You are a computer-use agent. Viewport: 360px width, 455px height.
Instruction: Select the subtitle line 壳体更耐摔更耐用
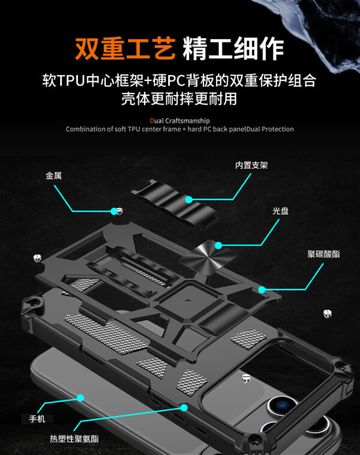click(179, 98)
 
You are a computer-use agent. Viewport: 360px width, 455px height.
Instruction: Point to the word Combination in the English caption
click(84, 129)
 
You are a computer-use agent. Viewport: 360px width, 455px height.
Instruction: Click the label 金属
click(53, 176)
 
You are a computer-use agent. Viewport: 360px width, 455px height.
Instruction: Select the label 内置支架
click(251, 165)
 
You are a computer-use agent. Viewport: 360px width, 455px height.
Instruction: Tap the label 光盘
click(280, 212)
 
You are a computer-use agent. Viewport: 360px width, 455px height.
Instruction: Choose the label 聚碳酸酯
click(323, 254)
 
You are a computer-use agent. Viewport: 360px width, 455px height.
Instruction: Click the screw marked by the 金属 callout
click(118, 210)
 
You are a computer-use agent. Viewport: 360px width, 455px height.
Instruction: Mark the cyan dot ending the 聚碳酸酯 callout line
click(262, 290)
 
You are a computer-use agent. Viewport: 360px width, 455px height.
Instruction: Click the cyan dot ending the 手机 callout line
click(80, 397)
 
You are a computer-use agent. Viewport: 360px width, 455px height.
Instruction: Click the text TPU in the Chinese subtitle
click(71, 80)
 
